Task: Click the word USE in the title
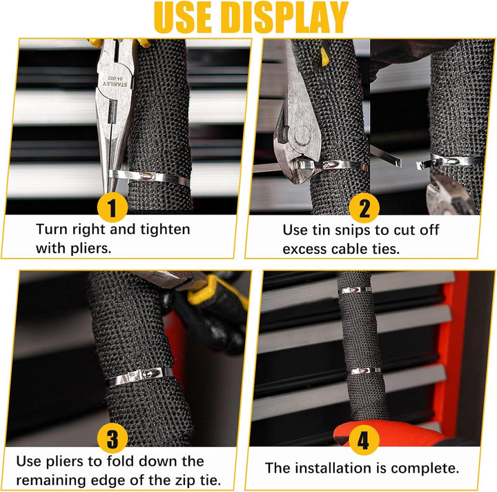tap(182, 17)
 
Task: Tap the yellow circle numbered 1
tap(113, 208)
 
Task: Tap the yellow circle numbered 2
tap(364, 208)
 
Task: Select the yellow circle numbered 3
tap(113, 438)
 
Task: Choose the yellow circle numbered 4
tap(364, 440)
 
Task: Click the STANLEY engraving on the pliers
tap(115, 84)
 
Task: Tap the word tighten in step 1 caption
tap(165, 229)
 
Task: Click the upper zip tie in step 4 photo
tap(355, 290)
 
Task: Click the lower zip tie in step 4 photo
tap(364, 371)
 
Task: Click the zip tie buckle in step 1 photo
tap(147, 175)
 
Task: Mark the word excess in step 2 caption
tap(304, 249)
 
